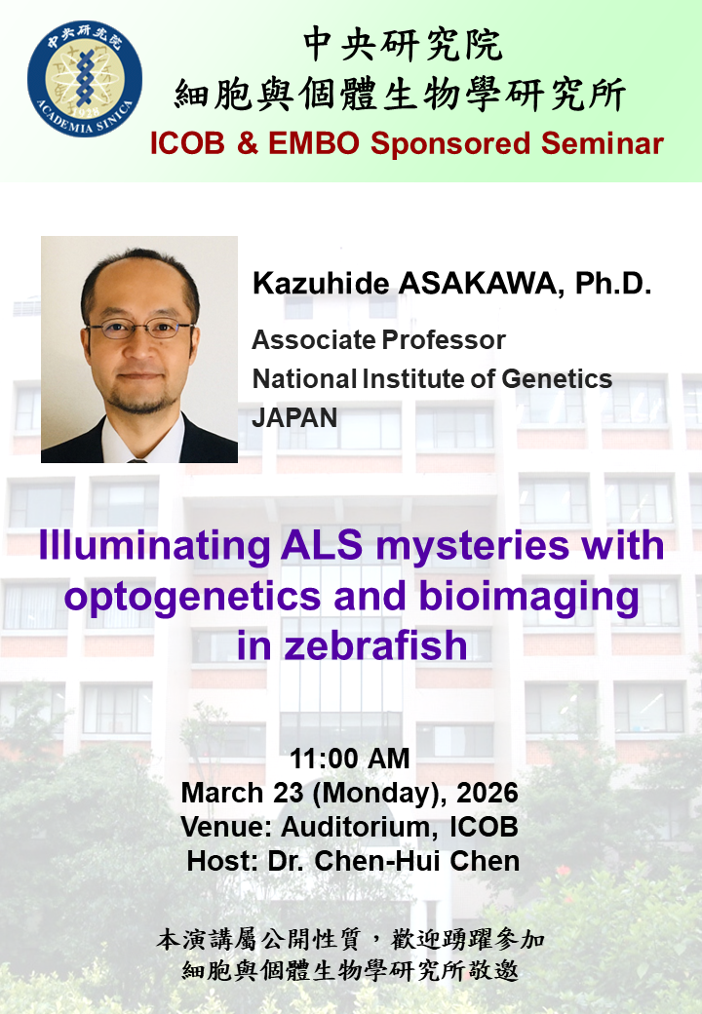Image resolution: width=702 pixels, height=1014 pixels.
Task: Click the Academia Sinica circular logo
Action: click(85, 78)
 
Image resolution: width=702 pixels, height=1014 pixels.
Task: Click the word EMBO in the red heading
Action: click(314, 143)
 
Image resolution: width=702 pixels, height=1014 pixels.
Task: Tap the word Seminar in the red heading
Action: click(602, 143)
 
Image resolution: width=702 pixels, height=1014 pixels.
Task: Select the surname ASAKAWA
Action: click(477, 284)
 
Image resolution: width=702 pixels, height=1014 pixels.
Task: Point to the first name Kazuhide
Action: click(321, 284)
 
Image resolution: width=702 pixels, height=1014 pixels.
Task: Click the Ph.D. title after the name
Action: click(613, 284)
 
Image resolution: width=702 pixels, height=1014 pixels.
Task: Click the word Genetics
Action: click(557, 379)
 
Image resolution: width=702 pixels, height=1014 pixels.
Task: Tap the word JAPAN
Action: click(294, 417)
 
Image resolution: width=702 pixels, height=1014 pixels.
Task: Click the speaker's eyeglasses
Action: click(140, 329)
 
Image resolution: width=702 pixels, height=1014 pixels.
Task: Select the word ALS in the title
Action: click(322, 545)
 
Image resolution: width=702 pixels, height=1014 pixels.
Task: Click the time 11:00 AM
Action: click(350, 759)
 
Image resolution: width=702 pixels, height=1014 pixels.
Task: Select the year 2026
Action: click(487, 793)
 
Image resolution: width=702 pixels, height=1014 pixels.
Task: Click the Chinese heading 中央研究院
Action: click(402, 45)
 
